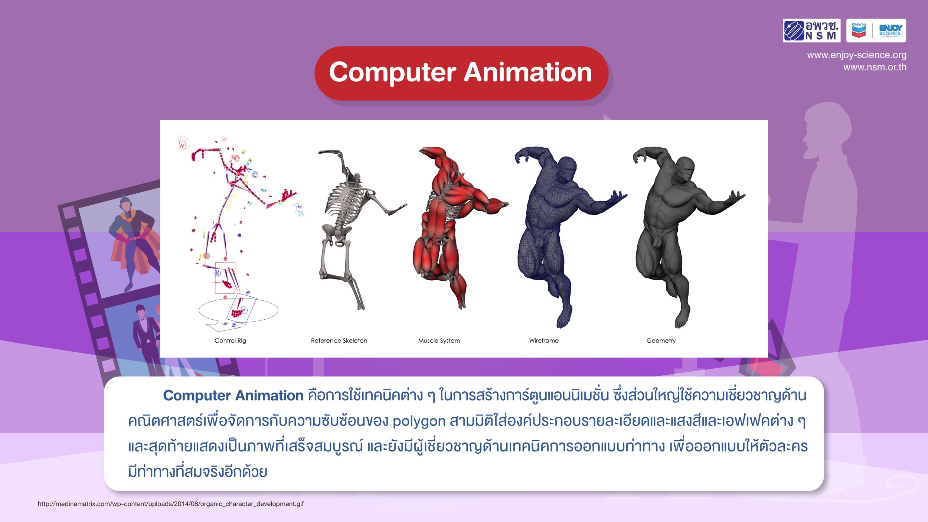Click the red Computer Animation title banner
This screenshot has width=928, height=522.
pos(461,73)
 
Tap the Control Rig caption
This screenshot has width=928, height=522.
pos(230,340)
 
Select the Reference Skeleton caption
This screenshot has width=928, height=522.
pos(339,340)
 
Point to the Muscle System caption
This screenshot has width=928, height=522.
pos(439,340)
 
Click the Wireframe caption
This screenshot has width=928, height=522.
pos(544,340)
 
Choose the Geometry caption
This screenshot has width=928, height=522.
pos(661,340)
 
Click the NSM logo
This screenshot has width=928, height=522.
pos(811,30)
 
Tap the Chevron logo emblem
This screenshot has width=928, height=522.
pos(859,30)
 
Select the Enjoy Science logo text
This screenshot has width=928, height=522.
pos(890,30)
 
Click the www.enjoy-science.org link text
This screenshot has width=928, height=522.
pos(857,55)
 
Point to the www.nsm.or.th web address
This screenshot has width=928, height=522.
pos(875,67)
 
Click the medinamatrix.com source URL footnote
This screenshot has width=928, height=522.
pos(171,504)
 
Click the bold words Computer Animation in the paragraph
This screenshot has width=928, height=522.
pos(233,395)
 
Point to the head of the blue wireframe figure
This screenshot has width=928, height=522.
pos(566,169)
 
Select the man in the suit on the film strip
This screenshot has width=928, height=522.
pos(146,338)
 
